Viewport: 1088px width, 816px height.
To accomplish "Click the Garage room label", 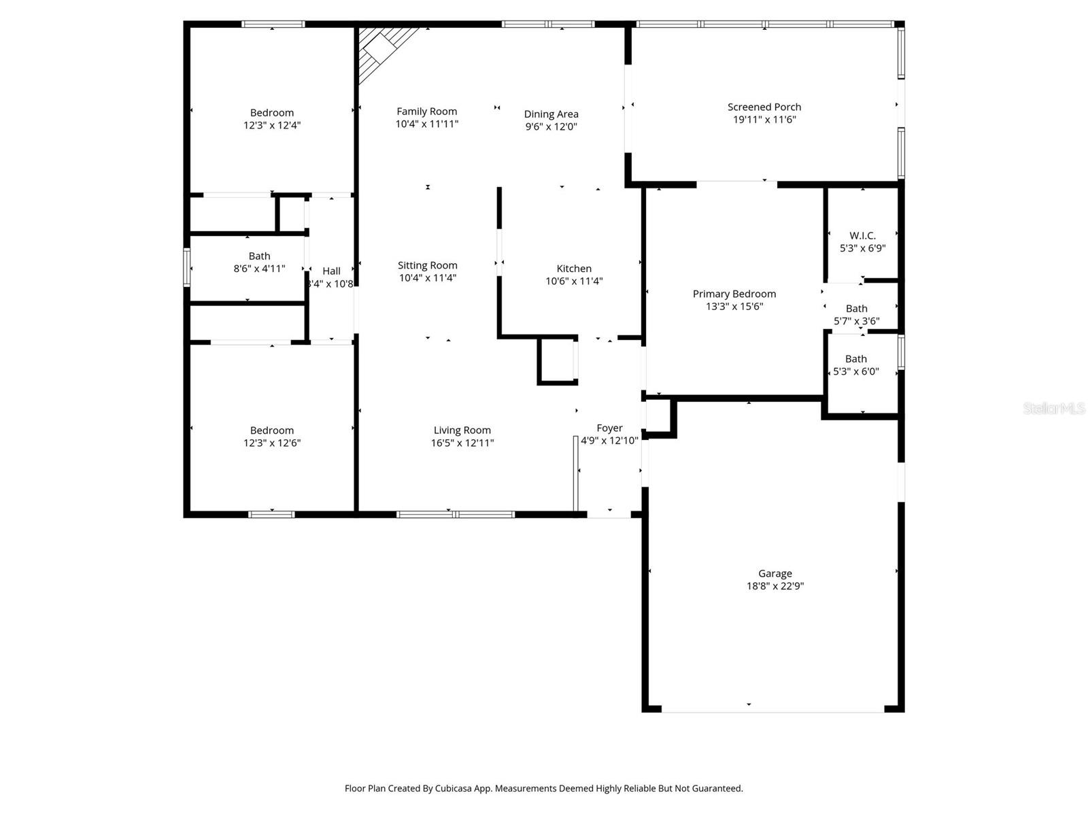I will tap(775, 573).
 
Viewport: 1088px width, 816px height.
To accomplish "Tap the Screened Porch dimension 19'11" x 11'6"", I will tap(764, 120).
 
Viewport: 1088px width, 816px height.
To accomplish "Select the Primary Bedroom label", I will tap(734, 294).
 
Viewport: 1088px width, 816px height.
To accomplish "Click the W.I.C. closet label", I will tap(862, 236).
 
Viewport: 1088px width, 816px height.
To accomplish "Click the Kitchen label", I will tap(574, 269).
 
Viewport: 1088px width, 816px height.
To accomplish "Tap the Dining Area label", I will tap(551, 114).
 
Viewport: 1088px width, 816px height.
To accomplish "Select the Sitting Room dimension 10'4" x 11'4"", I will tap(427, 278).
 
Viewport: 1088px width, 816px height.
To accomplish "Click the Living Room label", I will tap(462, 430).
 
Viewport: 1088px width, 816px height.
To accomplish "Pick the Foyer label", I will tap(609, 428).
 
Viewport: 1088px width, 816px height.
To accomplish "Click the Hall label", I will tap(331, 271).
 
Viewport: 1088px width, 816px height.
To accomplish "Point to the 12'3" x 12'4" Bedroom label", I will tap(272, 113).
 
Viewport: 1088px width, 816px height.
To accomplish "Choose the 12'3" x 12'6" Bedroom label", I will tap(272, 430).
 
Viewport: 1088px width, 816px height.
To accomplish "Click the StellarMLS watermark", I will tap(1054, 408).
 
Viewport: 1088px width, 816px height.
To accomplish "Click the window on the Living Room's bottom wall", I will tap(456, 514).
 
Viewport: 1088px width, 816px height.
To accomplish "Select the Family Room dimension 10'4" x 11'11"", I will tap(427, 124).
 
